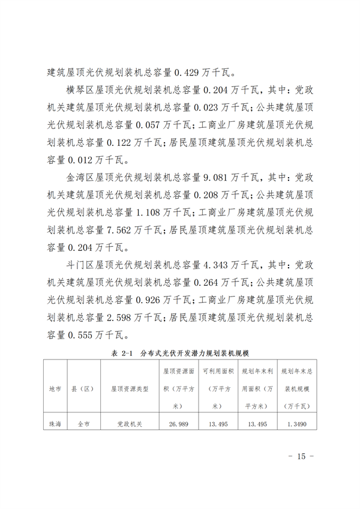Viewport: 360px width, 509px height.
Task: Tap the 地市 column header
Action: (x=55, y=388)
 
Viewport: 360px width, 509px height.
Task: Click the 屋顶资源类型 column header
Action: (x=129, y=388)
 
